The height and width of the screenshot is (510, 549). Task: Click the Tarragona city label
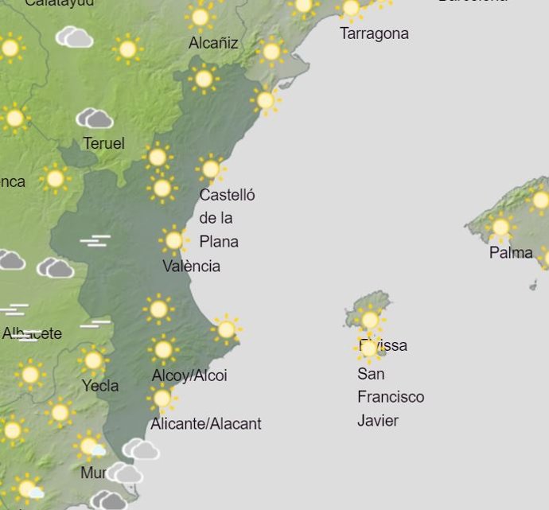(x=374, y=33)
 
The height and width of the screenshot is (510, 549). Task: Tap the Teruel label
(x=103, y=143)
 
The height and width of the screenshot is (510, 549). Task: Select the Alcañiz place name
(x=213, y=43)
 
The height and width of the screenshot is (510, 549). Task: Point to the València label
(x=191, y=266)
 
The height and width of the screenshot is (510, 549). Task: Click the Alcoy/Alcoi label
(x=189, y=376)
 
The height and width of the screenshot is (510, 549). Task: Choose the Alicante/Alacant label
(x=207, y=423)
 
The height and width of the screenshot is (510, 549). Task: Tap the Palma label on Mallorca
(x=511, y=253)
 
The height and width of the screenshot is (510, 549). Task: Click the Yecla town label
(x=100, y=386)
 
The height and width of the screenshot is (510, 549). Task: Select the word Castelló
(x=227, y=195)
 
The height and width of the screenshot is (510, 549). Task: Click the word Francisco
(x=391, y=396)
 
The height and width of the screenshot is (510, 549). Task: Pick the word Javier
(x=378, y=420)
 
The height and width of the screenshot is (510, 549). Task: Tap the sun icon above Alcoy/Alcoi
(x=163, y=349)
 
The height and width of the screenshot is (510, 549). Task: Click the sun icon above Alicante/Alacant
(x=162, y=399)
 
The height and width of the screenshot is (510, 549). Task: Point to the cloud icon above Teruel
(x=95, y=119)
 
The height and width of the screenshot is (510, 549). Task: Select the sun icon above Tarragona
(x=351, y=9)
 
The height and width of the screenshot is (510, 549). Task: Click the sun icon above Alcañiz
(x=201, y=17)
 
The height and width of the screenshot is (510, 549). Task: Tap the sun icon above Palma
(x=500, y=228)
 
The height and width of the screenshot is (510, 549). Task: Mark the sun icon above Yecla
(x=93, y=361)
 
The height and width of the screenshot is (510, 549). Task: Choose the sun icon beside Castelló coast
(x=211, y=169)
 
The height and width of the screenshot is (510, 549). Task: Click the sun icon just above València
(x=173, y=239)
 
